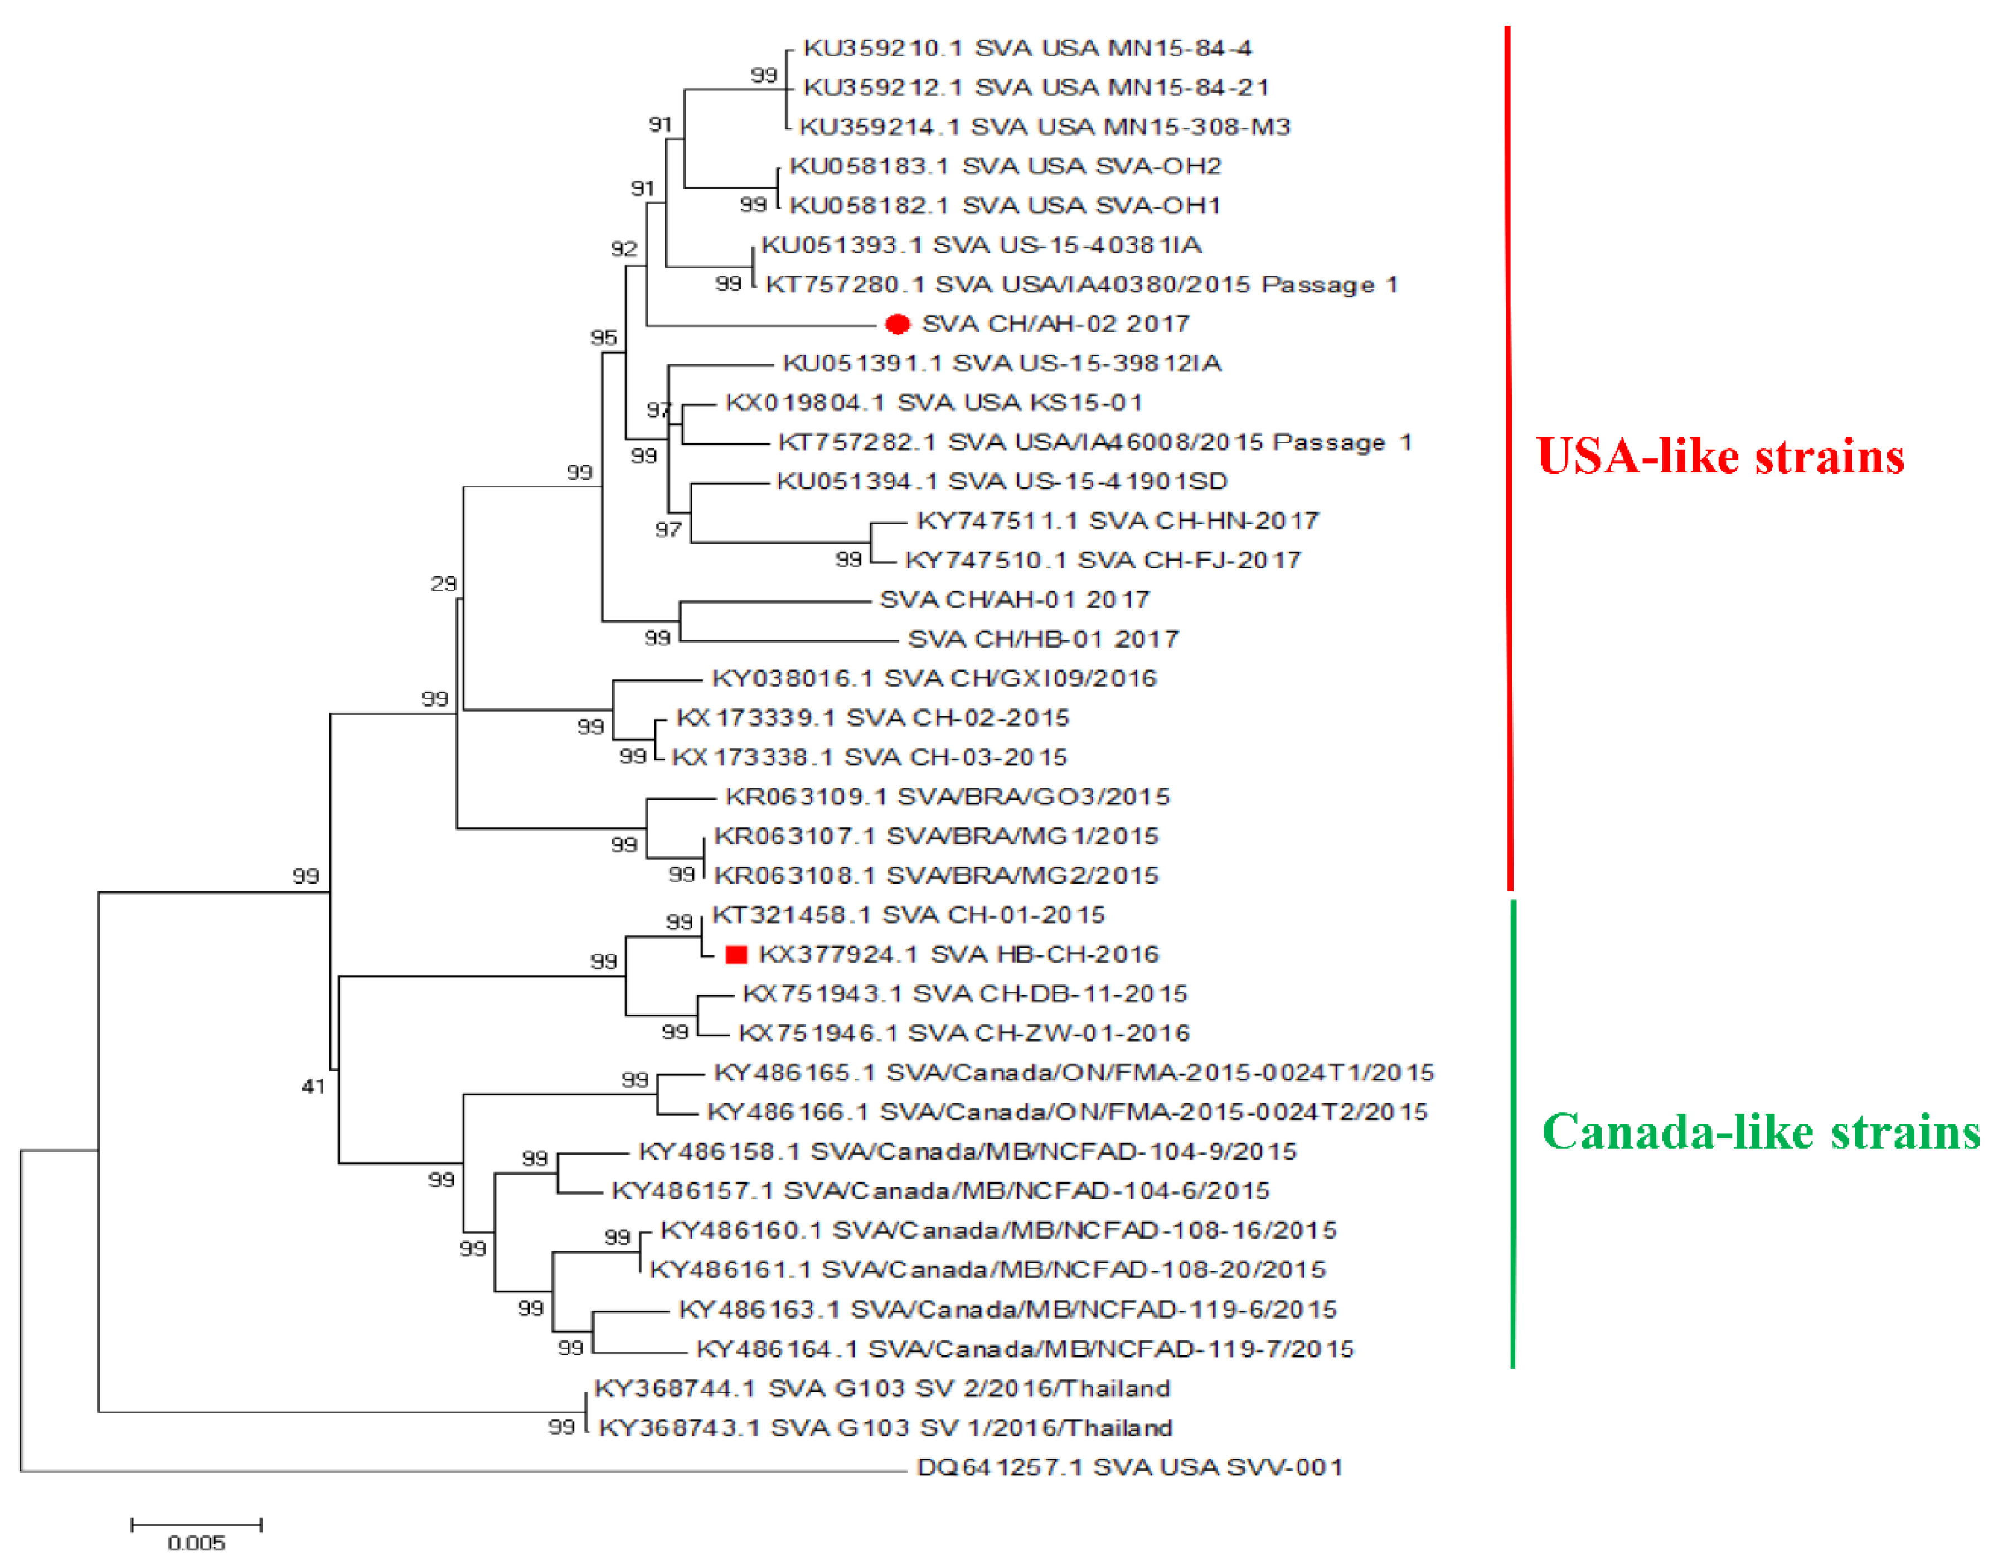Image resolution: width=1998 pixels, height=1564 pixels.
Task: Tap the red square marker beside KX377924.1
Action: click(736, 955)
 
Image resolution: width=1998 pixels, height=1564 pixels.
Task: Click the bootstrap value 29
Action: click(443, 583)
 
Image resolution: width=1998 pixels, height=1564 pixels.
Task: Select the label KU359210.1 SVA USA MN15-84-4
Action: click(1027, 47)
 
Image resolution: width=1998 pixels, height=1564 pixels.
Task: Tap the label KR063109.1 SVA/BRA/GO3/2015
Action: click(947, 796)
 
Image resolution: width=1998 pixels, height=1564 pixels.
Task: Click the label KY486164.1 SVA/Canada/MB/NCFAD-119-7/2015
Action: click(1024, 1349)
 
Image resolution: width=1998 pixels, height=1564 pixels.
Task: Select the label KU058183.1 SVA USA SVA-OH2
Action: click(1005, 166)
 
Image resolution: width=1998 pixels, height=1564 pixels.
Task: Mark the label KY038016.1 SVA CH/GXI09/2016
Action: click(934, 678)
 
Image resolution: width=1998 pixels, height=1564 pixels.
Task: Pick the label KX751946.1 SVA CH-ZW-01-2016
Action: click(964, 1033)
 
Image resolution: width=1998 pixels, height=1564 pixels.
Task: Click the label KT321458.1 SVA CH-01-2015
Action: click(908, 915)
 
